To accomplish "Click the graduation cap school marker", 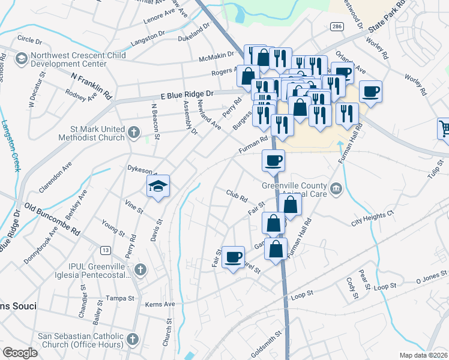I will (158, 186).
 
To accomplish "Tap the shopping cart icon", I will (445, 128).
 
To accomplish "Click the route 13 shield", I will (106, 250).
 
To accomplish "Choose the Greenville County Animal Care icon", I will (336, 190).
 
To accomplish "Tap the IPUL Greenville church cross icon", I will (140, 268).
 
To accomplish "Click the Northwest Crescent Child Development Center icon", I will (22, 58).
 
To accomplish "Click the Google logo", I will (20, 353).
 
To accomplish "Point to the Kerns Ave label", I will (161, 304).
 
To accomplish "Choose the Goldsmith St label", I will (266, 343).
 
